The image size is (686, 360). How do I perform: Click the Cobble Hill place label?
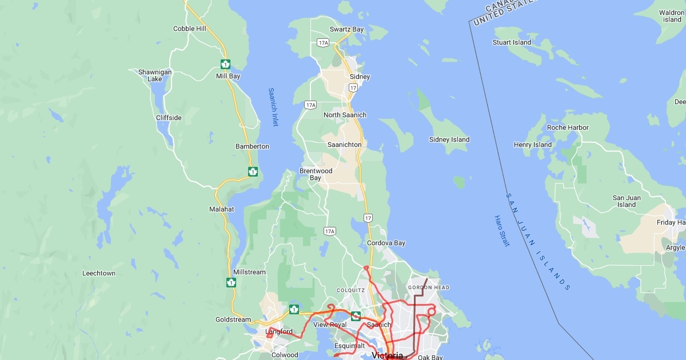pyautogui.click(x=189, y=29)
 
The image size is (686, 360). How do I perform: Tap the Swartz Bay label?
pyautogui.click(x=347, y=29)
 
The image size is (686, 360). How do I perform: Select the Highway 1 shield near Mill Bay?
pyautogui.click(x=226, y=64)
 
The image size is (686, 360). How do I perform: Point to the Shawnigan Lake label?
pyautogui.click(x=155, y=75)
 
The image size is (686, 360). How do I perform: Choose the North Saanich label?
pyautogui.click(x=345, y=115)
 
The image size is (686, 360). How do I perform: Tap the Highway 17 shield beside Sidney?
pyautogui.click(x=353, y=88)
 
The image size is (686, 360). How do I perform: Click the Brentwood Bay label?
pyautogui.click(x=316, y=174)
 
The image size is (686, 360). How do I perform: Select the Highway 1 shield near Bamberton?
pyautogui.click(x=253, y=171)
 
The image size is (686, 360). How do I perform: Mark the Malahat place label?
pyautogui.click(x=221, y=209)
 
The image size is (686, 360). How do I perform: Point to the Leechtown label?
pyautogui.click(x=99, y=273)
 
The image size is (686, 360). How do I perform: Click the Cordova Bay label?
pyautogui.click(x=386, y=243)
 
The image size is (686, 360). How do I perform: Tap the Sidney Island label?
pyautogui.click(x=449, y=139)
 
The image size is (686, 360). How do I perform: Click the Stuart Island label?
pyautogui.click(x=512, y=42)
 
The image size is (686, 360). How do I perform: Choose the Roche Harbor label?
pyautogui.click(x=568, y=127)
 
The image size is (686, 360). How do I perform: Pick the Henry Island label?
pyautogui.click(x=533, y=145)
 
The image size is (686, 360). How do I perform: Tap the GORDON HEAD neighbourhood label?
pyautogui.click(x=428, y=287)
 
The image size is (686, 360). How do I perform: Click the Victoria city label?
pyautogui.click(x=387, y=355)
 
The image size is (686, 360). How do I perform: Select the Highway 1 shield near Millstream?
pyautogui.click(x=231, y=282)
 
